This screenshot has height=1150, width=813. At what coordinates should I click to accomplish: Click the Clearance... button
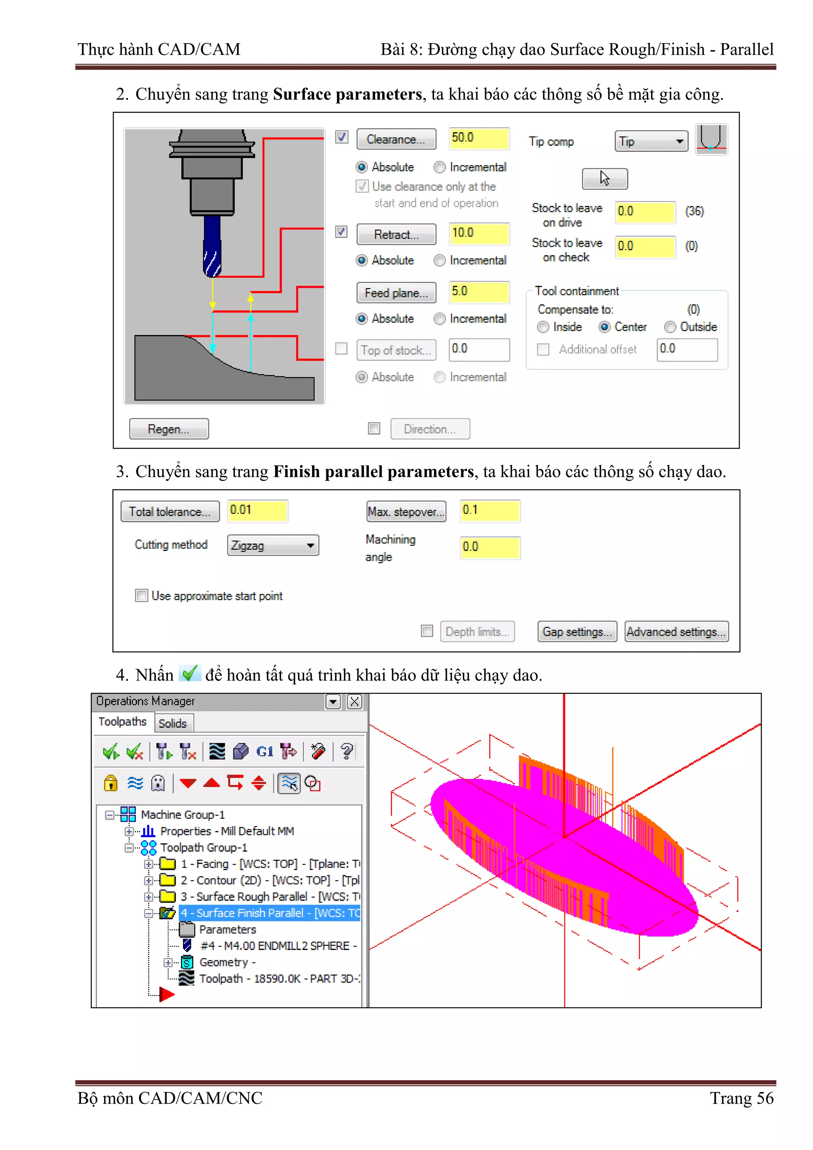pyautogui.click(x=396, y=139)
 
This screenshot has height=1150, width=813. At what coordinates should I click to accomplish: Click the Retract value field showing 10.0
pyautogui.click(x=479, y=233)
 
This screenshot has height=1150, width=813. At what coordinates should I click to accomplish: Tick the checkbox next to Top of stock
pyautogui.click(x=341, y=349)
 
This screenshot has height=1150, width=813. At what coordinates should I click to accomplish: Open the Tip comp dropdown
pyautogui.click(x=651, y=141)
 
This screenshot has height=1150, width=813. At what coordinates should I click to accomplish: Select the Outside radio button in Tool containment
pyautogui.click(x=670, y=327)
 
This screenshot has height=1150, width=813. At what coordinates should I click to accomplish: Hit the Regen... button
pyautogui.click(x=169, y=429)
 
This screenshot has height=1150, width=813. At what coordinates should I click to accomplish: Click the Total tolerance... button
pyautogui.click(x=170, y=511)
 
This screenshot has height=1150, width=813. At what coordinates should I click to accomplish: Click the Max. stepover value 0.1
pyautogui.click(x=489, y=510)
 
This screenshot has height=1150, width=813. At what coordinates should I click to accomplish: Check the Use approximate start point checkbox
pyautogui.click(x=142, y=595)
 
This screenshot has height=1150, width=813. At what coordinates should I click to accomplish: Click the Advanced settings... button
pyautogui.click(x=676, y=632)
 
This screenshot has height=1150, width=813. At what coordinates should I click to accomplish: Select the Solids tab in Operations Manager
pyautogui.click(x=172, y=723)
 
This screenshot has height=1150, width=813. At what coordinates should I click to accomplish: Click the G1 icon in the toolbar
pyautogui.click(x=264, y=751)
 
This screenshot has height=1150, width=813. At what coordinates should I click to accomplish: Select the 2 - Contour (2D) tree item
pyautogui.click(x=270, y=880)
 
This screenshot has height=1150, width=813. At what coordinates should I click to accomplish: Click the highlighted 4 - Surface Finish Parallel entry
pyautogui.click(x=270, y=913)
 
